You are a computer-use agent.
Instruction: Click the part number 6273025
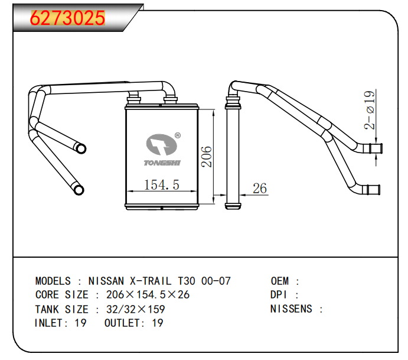point(67,18)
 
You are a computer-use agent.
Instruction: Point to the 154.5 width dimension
point(162,185)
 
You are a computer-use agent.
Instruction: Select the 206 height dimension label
point(206,157)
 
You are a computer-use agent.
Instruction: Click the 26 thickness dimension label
point(260,189)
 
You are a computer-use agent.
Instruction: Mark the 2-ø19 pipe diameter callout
point(370,110)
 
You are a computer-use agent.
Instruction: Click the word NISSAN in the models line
point(106,281)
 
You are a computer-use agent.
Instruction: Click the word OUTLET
point(124,323)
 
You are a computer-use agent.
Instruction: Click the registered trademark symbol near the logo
point(177,135)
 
